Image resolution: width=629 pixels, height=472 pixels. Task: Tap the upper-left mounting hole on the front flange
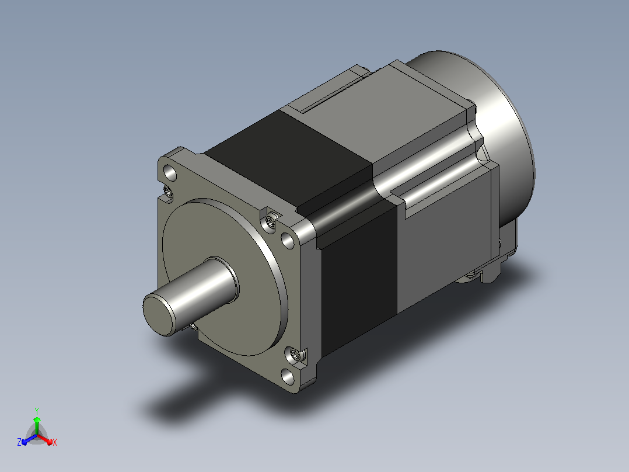click(x=170, y=173)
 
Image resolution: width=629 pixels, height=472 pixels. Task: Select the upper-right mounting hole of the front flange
click(x=288, y=240)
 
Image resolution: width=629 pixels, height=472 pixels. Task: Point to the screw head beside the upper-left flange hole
click(x=168, y=192)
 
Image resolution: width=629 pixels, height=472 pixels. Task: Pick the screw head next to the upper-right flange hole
click(x=270, y=221)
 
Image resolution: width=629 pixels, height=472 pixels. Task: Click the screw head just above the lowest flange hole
click(x=294, y=355)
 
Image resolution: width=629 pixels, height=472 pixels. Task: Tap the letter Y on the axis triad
click(x=37, y=411)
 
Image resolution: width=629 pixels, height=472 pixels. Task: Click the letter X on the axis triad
click(x=55, y=442)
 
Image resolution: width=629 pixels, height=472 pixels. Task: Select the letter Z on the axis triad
click(x=19, y=442)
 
